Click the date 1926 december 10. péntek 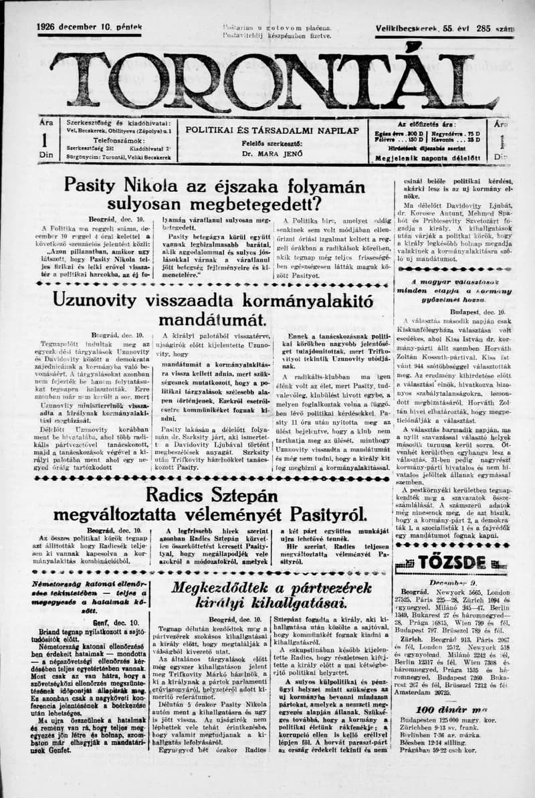[90, 27]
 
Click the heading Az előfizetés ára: [429, 124]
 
